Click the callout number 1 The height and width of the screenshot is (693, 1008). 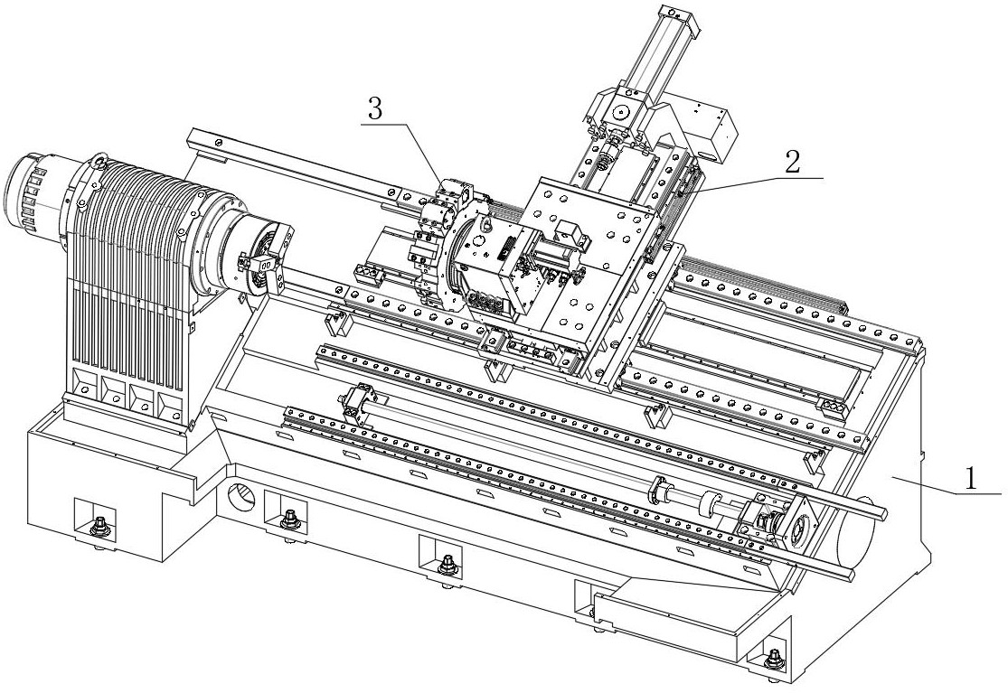pyautogui.click(x=971, y=478)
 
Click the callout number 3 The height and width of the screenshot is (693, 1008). pyautogui.click(x=376, y=110)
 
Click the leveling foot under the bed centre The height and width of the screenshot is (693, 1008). pyautogui.click(x=447, y=566)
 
